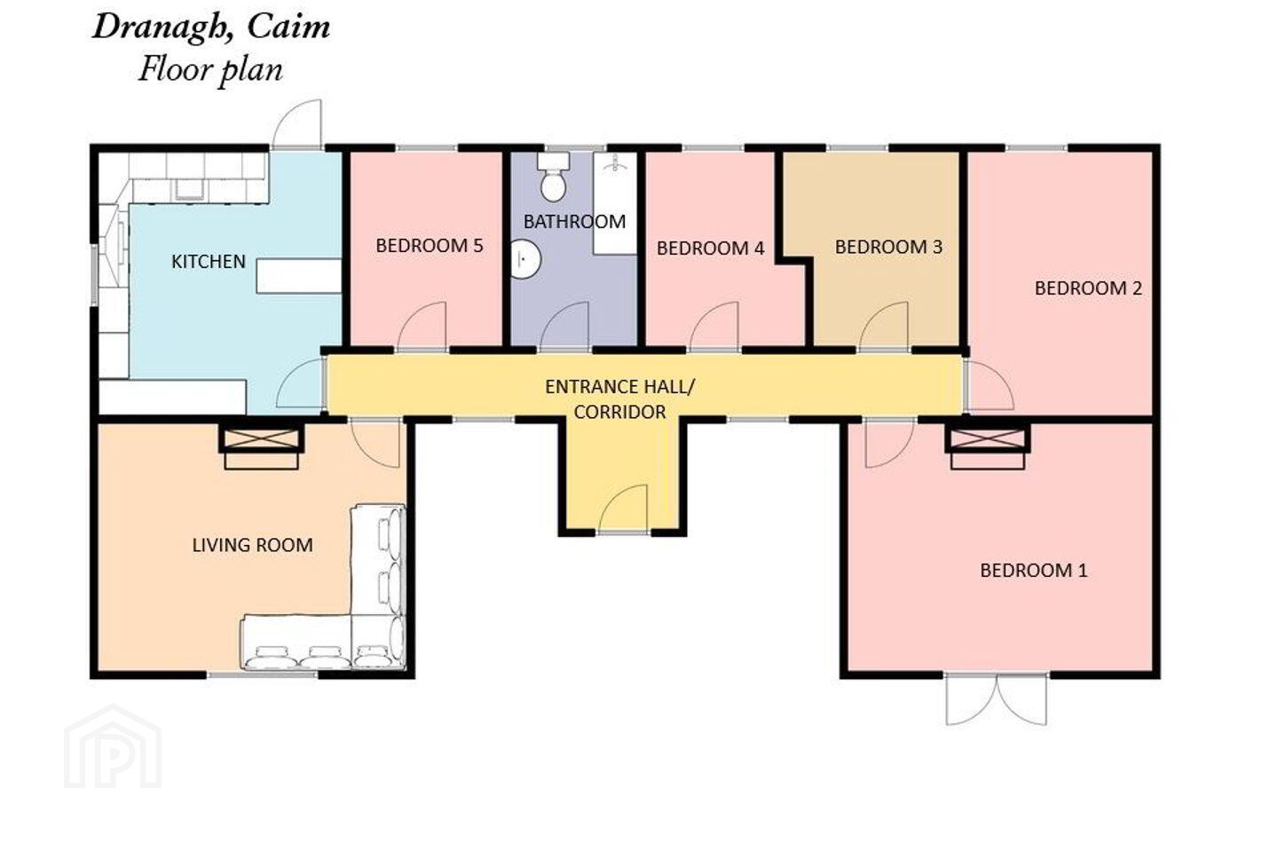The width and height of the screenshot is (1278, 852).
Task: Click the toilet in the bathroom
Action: coord(553,177)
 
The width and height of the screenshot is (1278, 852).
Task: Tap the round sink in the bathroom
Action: coord(525,260)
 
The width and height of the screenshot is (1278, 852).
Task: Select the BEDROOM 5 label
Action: coord(429,246)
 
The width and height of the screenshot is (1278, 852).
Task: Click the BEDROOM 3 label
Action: coord(888,247)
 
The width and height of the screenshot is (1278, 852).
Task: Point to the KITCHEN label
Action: coord(209,261)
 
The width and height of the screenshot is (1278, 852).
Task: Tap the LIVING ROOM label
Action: coord(252,545)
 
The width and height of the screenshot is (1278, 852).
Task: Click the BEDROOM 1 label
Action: coord(1033,570)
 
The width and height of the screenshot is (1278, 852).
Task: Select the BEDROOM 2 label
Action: coord(1088,288)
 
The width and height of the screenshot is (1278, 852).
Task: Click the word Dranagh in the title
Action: coord(163,28)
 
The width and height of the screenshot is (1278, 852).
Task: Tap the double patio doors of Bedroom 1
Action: coord(996,698)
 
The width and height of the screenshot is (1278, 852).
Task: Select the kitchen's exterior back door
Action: coord(297,124)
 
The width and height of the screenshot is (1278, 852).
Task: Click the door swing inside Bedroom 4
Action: coord(714,326)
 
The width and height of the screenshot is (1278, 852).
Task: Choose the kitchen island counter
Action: coord(298,276)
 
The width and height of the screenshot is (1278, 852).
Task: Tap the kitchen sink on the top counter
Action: coord(188,189)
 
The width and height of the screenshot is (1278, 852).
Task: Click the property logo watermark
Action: coord(113,746)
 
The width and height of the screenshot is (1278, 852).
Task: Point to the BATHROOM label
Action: coord(574,221)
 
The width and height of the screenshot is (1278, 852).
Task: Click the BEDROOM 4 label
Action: coord(710,248)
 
